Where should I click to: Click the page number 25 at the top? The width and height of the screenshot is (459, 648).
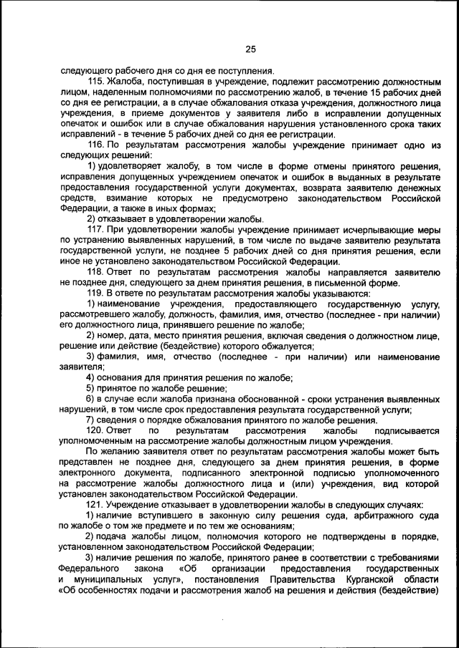pyautogui.click(x=250, y=49)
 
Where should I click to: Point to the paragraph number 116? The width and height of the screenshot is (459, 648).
pyautogui.click(x=96, y=145)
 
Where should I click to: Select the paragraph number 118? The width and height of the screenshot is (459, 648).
pyautogui.click(x=96, y=273)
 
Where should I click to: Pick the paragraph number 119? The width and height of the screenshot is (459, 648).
pyautogui.click(x=96, y=294)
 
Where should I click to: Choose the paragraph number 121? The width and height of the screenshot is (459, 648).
pyautogui.click(x=96, y=506)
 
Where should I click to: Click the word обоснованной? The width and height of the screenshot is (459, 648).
pyautogui.click(x=253, y=399)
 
